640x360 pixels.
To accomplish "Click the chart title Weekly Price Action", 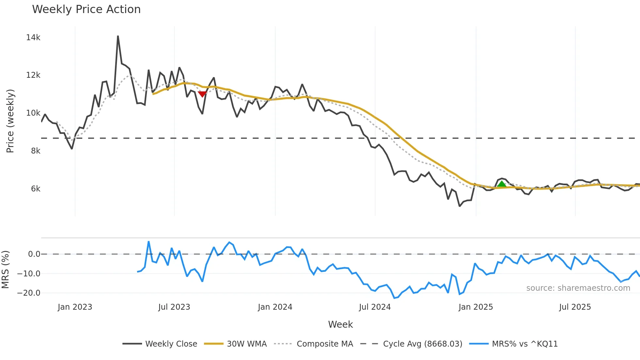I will pyautogui.click(x=86, y=9).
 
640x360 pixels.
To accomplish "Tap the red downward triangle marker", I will pyautogui.click(x=202, y=94).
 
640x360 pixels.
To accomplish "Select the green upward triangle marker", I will pyautogui.click(x=502, y=184).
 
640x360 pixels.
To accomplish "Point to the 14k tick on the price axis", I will pyautogui.click(x=33, y=38).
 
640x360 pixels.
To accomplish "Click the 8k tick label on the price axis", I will pyautogui.click(x=35, y=151).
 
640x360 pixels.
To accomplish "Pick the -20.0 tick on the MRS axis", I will pyautogui.click(x=29, y=293).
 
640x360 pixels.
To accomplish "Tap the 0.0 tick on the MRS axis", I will pyautogui.click(x=34, y=254).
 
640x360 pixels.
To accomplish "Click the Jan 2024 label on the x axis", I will pyautogui.click(x=275, y=307).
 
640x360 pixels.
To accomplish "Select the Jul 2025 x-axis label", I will pyautogui.click(x=575, y=307).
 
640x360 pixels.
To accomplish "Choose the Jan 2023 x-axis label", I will pyautogui.click(x=75, y=307).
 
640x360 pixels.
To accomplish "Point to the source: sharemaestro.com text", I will pyautogui.click(x=578, y=288).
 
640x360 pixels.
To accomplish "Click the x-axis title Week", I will pyautogui.click(x=340, y=324).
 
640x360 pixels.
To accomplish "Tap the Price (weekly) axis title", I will pyautogui.click(x=10, y=121).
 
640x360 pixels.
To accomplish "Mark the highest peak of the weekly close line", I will pyautogui.click(x=118, y=36).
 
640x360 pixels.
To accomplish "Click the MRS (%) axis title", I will pyautogui.click(x=6, y=270).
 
